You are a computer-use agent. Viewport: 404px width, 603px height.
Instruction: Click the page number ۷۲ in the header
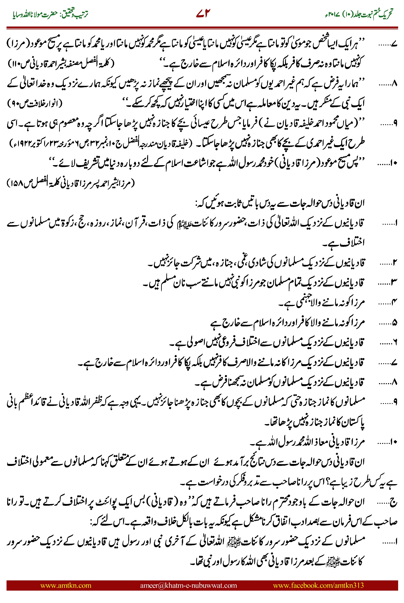(x=203, y=13)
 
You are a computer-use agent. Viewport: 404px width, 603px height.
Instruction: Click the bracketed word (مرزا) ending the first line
(x=16, y=43)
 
